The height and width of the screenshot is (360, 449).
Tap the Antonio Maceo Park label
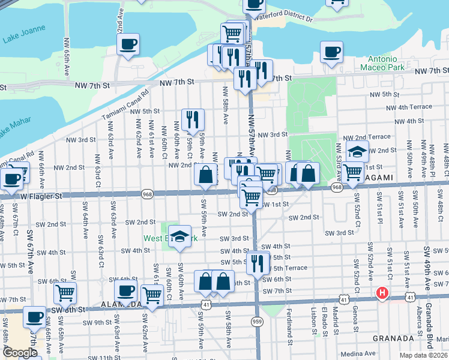click(x=382, y=63)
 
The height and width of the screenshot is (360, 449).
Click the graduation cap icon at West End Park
click(x=179, y=236)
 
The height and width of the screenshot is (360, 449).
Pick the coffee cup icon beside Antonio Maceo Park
click(x=331, y=52)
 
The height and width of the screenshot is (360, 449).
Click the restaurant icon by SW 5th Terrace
click(x=258, y=263)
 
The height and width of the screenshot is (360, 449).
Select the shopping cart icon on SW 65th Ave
click(x=65, y=293)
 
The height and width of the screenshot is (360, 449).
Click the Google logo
click(x=20, y=352)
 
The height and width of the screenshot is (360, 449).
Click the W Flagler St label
click(x=41, y=196)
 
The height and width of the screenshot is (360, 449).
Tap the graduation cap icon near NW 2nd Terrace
click(x=357, y=152)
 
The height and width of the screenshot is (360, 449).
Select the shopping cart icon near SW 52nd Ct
click(x=353, y=172)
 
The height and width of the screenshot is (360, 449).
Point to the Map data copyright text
click(x=421, y=355)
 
